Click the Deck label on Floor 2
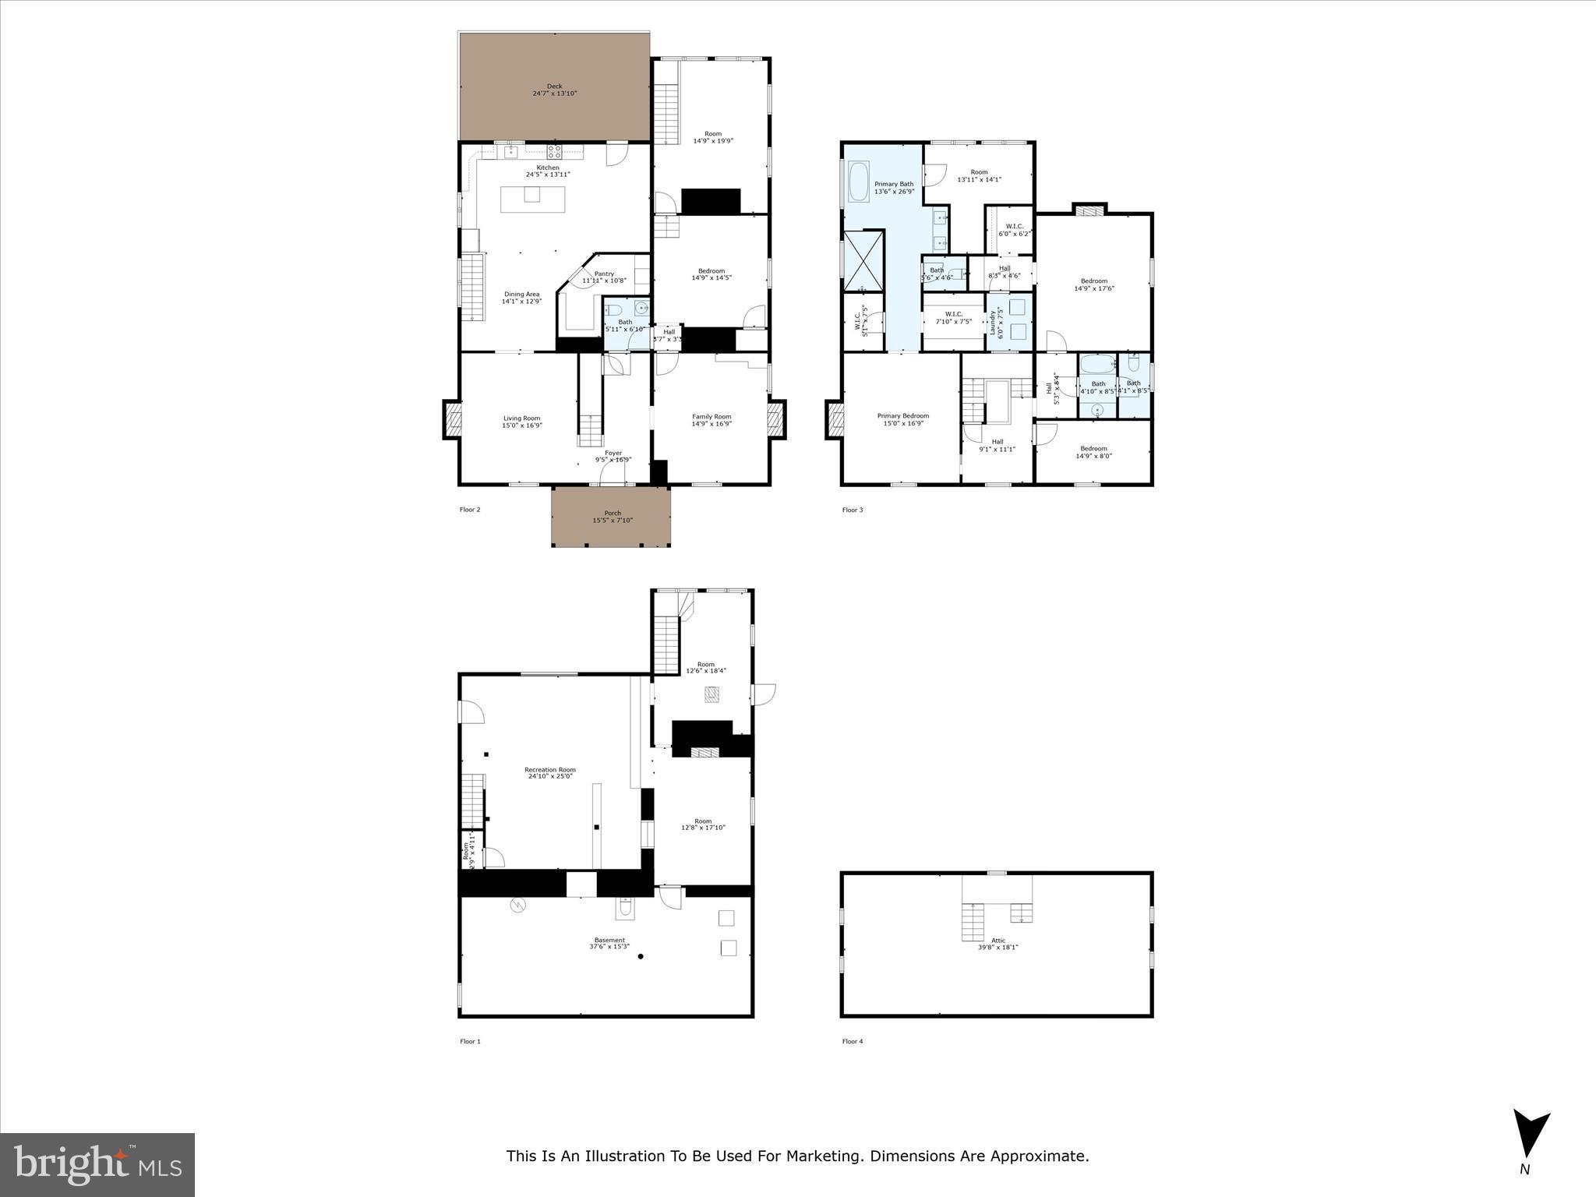pyautogui.click(x=554, y=87)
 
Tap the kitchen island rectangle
pyautogui.click(x=533, y=199)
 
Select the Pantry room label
pyautogui.click(x=604, y=274)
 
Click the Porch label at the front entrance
pyautogui.click(x=613, y=513)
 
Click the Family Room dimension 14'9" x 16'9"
pyautogui.click(x=711, y=424)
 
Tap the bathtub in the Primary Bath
pyautogui.click(x=858, y=182)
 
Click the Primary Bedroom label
pyautogui.click(x=902, y=416)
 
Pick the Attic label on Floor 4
pyautogui.click(x=997, y=941)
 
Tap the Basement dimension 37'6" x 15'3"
pyautogui.click(x=609, y=947)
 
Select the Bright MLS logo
pyautogui.click(x=97, y=1164)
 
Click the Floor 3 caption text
pyautogui.click(x=852, y=510)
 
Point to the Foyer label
pyautogui.click(x=613, y=453)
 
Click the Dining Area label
pyautogui.click(x=521, y=294)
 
